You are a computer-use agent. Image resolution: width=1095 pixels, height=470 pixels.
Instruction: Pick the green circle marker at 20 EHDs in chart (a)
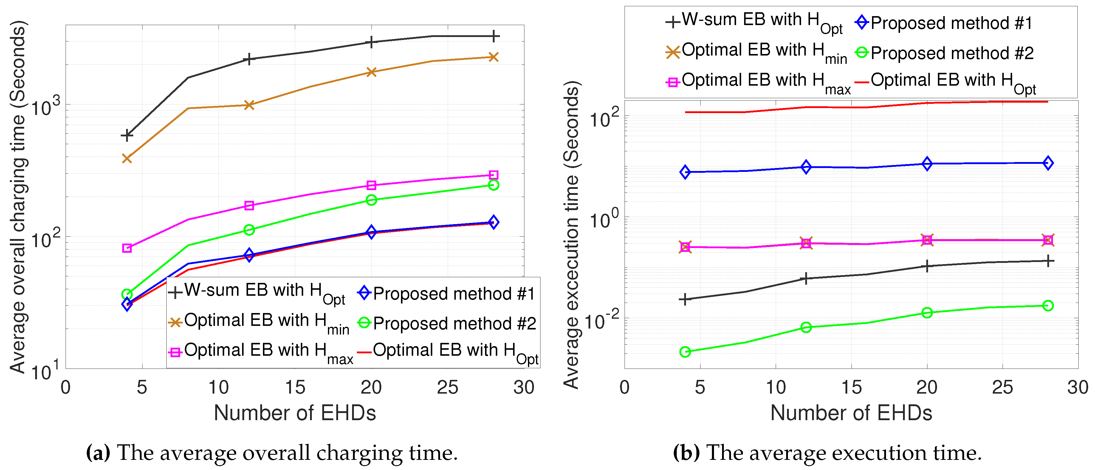371,200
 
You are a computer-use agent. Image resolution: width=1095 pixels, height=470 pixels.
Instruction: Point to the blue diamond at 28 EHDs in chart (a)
493,222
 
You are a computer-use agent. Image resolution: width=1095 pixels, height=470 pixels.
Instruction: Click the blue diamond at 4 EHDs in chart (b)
685,172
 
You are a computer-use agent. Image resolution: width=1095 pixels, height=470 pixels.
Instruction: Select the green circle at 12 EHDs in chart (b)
806,327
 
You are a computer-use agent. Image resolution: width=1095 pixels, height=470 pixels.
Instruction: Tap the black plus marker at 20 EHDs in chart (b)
927,266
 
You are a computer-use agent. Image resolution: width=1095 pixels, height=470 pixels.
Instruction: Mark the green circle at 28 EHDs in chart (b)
1048,305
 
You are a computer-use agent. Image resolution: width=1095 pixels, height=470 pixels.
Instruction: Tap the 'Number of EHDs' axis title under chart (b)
851,413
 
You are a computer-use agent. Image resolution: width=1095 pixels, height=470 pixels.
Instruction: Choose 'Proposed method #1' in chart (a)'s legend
453,294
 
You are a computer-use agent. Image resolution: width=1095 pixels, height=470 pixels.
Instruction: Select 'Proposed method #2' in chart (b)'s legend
952,53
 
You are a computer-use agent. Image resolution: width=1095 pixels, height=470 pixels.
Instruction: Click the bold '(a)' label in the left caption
98,453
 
